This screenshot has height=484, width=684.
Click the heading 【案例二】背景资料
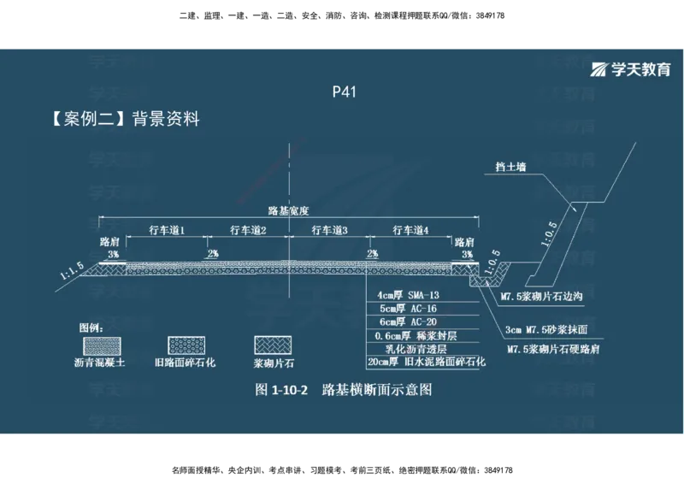126,119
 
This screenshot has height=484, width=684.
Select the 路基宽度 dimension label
287,210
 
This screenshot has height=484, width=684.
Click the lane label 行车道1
167,230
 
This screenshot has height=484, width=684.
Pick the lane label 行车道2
248,230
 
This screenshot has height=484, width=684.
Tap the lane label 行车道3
328,230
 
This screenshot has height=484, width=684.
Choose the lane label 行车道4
410,230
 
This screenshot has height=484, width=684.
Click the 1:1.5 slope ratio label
72,272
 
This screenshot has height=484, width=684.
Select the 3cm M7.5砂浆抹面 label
546,328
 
